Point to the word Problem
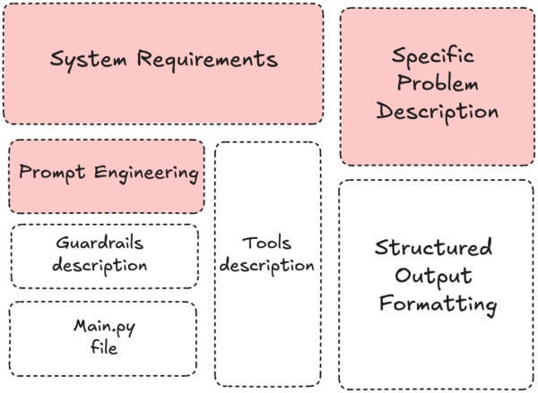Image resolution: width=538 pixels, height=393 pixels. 438,84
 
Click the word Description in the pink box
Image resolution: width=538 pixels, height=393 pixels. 438,113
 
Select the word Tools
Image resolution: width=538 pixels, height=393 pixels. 267,243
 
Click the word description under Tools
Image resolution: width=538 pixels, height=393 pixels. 267,266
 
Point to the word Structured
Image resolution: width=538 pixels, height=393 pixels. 433,248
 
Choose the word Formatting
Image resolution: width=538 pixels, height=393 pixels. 438,304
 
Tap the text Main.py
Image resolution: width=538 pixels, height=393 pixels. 103,326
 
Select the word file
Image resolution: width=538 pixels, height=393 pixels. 103,347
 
